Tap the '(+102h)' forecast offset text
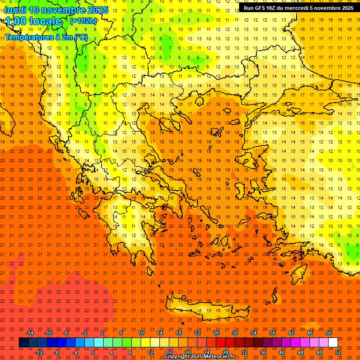[x=83, y=21]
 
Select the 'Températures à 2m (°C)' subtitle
[x=46, y=37]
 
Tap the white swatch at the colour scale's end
[x=333, y=343]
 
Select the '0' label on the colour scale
[x=93, y=352]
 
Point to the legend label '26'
[x=216, y=333]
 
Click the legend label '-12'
[x=39, y=352]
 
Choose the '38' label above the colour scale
[x=272, y=333]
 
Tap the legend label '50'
[x=329, y=333]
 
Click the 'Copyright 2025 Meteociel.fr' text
[x=199, y=357]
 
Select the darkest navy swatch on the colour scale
[x=23, y=343]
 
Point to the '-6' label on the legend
[x=66, y=333]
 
